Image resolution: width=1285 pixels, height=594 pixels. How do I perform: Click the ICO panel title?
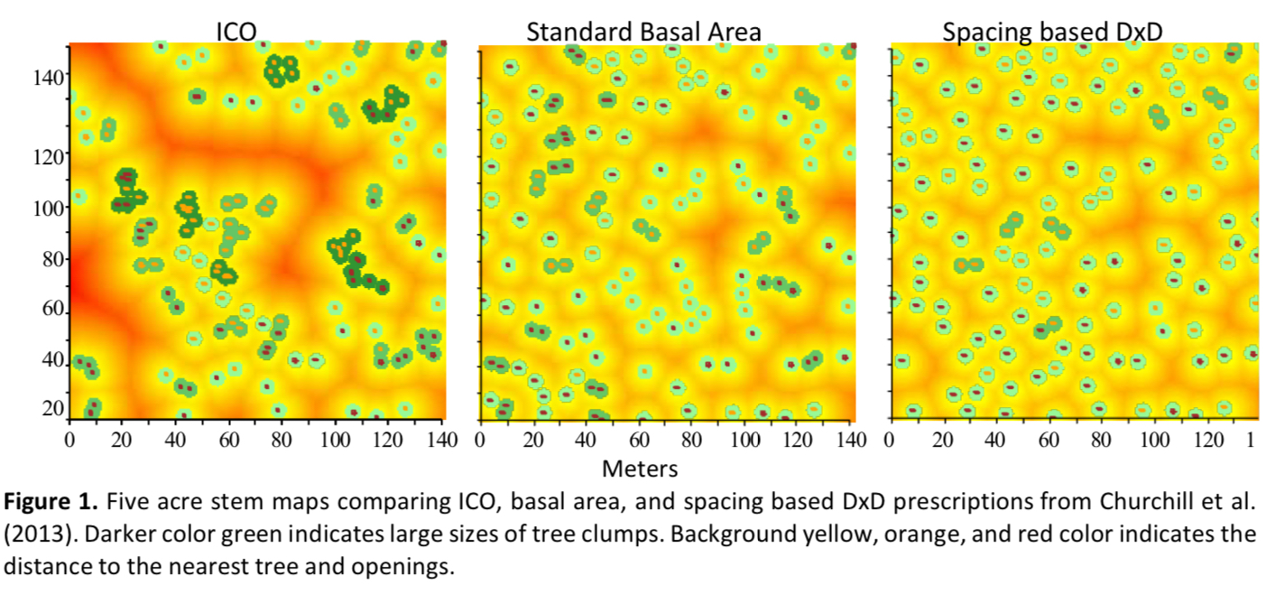pos(236,32)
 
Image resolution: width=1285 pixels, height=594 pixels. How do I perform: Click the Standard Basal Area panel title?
pos(643,32)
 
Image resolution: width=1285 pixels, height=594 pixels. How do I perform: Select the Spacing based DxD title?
pos(1052,32)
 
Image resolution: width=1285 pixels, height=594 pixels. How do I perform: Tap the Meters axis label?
pos(640,469)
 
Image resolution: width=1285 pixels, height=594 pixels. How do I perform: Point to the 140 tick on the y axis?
pos(49,78)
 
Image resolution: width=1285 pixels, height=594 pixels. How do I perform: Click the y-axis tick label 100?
pos(49,208)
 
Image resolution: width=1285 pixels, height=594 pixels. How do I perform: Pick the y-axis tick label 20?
pos(53,408)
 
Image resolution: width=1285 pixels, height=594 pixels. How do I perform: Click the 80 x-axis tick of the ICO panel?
pos(281,441)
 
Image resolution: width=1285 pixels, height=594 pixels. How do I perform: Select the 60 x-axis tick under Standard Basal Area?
pos(639,441)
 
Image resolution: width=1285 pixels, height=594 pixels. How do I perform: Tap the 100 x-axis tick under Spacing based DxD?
pos(1155,441)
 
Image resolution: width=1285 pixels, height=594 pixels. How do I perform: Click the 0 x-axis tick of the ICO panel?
pos(70,441)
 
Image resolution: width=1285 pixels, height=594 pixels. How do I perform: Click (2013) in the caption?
pos(40,534)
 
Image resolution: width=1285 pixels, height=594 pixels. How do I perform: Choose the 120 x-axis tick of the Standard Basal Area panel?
pos(798,441)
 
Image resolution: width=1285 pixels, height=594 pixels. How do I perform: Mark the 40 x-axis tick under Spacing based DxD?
pos(994,441)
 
